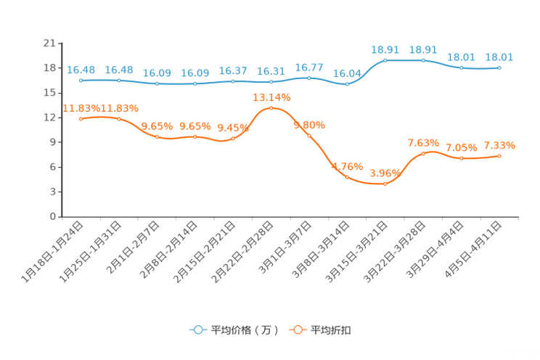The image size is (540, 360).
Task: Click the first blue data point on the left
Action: (81, 80)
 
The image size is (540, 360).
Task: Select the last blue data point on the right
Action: (499, 67)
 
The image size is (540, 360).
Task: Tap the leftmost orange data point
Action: (81, 118)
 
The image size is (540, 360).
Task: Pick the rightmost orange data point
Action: (499, 155)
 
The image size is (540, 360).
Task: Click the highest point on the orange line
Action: (271, 108)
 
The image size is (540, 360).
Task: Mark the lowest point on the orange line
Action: (385, 184)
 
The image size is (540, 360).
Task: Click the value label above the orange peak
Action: (271, 97)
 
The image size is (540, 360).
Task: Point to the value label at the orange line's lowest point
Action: (385, 173)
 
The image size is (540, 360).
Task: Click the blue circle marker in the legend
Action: (197, 330)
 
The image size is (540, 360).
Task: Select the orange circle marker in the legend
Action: (297, 330)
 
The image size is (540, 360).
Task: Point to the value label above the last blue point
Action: (499, 57)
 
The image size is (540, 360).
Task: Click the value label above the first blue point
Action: (81, 69)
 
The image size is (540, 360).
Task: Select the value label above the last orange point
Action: (499, 144)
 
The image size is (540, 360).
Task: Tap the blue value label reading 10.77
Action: (308, 67)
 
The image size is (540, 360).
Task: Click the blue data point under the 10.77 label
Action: (309, 78)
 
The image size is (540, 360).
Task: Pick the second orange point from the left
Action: (119, 118)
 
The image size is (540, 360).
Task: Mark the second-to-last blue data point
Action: (461, 68)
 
